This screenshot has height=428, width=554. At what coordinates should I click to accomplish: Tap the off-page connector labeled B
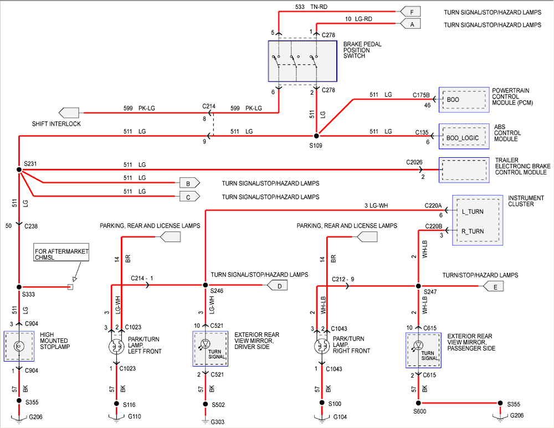[188, 183]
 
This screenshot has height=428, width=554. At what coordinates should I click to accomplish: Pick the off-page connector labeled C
[188, 196]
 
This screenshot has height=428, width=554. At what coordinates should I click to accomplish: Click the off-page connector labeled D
[278, 286]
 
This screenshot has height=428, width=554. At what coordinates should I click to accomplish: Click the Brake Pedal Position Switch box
[302, 60]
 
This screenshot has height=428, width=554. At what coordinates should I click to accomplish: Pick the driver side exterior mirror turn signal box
[211, 349]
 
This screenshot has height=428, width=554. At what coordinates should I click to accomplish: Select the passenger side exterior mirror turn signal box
[423, 350]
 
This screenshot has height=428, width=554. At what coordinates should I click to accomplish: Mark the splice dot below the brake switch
[316, 136]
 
